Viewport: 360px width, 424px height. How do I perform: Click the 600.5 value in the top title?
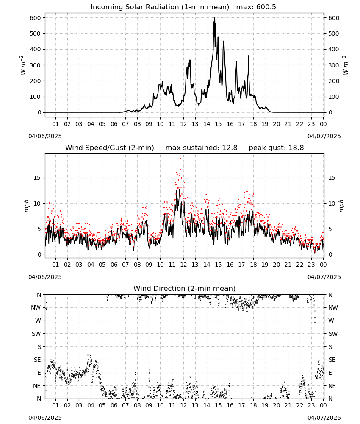266,7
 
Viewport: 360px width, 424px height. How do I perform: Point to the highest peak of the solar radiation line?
215,17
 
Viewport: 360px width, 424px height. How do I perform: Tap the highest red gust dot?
180,159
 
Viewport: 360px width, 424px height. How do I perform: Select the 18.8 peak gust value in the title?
296,148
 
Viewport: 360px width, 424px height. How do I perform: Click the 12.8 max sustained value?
230,148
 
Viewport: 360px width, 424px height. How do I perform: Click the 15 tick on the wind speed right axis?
332,178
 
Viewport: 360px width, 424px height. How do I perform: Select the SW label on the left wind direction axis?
36,334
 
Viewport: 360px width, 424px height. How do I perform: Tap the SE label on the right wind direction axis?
332,360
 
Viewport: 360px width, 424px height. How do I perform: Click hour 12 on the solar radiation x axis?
183,124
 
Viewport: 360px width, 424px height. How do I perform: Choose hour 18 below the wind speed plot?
253,265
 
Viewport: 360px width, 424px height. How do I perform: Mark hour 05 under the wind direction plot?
102,406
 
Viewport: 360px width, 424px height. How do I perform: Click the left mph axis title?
26,206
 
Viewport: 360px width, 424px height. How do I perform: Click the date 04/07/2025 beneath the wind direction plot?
324,418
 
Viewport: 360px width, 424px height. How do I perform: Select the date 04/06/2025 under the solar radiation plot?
45,136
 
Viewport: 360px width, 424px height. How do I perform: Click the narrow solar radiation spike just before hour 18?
249,56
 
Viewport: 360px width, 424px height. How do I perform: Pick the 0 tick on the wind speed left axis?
39,255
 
